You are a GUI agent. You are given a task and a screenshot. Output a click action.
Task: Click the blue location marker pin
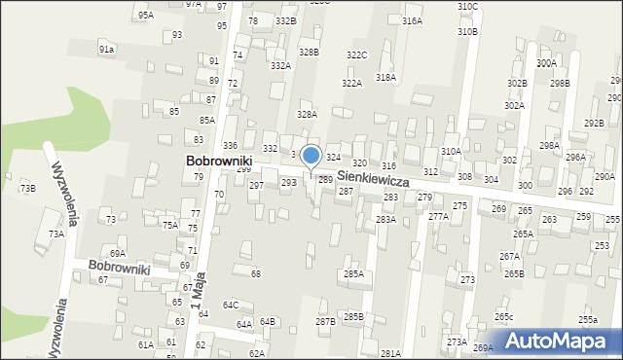point(311,156)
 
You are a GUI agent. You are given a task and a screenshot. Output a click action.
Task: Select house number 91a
point(107,49)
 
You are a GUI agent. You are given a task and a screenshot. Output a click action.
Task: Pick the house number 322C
point(356,55)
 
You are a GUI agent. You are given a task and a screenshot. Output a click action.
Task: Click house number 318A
point(385,77)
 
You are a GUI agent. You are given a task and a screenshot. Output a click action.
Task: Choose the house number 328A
point(308,114)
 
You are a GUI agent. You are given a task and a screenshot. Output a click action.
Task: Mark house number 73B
point(28,188)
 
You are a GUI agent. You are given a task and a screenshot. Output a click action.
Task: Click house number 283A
point(386,220)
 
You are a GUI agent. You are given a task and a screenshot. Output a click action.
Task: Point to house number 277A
point(438,217)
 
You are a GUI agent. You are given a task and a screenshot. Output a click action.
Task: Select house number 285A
point(353,274)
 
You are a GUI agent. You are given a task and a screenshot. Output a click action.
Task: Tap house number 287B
point(325,321)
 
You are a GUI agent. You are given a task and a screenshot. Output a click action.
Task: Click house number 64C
point(231,305)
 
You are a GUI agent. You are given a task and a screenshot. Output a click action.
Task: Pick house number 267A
point(509,256)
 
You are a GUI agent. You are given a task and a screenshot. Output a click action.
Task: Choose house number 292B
point(594,123)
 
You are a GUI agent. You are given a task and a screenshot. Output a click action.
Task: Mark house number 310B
point(467,32)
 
